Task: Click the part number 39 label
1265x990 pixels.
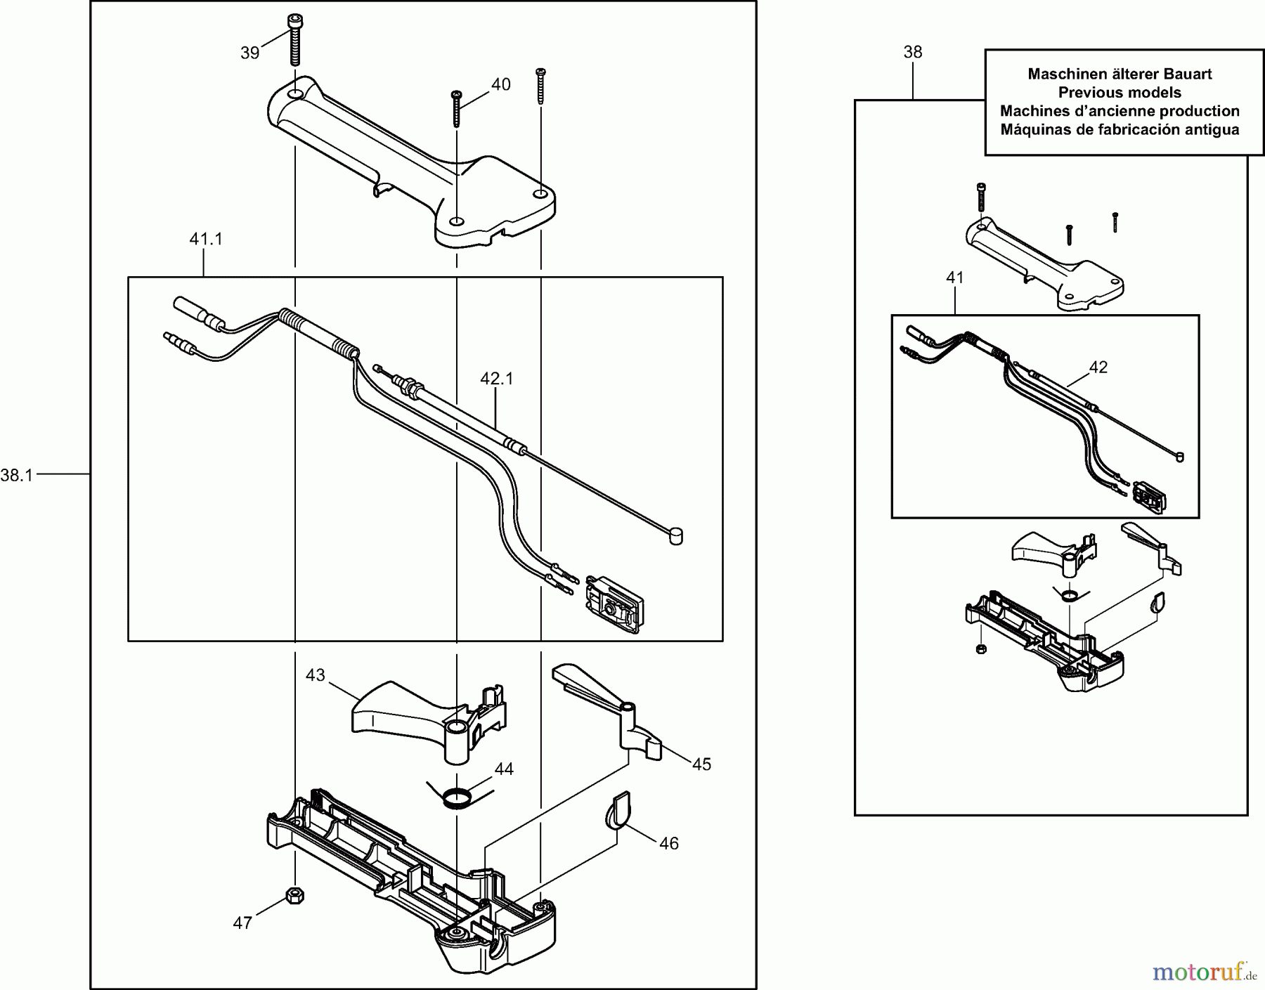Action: click(x=249, y=53)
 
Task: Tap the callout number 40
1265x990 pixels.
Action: click(x=500, y=85)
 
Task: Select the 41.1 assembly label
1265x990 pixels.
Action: click(x=205, y=240)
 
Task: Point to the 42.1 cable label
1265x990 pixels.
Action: click(x=496, y=379)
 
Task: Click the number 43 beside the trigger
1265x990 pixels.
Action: click(x=315, y=675)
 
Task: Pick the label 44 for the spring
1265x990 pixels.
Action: click(x=503, y=769)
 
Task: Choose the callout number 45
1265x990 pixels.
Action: click(x=701, y=764)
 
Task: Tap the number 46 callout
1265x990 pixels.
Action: click(x=668, y=843)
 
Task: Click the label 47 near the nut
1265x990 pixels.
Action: click(x=242, y=923)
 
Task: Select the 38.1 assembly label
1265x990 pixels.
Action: click(x=17, y=476)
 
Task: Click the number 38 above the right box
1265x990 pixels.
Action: click(x=912, y=52)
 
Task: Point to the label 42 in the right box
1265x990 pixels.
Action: click(x=1098, y=367)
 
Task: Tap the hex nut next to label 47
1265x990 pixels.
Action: click(x=295, y=896)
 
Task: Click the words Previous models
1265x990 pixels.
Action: click(x=1120, y=93)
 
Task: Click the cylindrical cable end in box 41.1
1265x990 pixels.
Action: click(x=675, y=537)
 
